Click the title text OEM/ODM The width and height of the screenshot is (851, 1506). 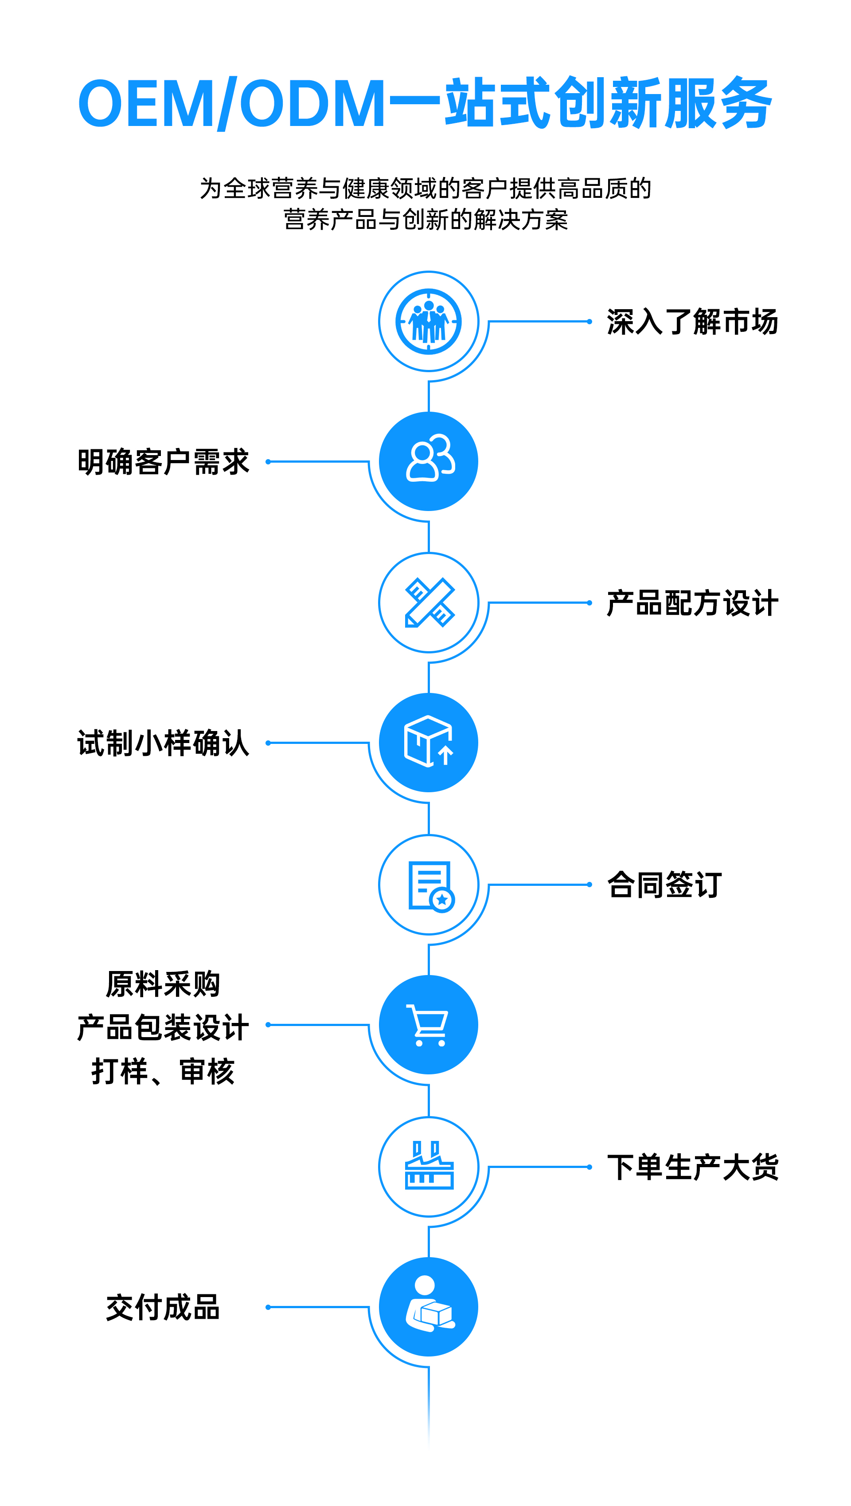click(x=231, y=103)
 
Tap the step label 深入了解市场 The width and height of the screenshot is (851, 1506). click(x=692, y=322)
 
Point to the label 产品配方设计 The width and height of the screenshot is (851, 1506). click(x=692, y=602)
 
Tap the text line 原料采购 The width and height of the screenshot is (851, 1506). click(x=164, y=984)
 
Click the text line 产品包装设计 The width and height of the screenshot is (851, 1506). click(x=164, y=1028)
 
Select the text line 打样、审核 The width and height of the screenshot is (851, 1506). click(x=164, y=1071)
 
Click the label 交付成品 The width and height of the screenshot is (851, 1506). click(x=164, y=1307)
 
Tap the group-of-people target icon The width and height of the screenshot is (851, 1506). click(x=429, y=321)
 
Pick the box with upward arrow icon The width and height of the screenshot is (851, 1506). click(x=429, y=742)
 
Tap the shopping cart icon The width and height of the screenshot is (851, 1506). click(x=429, y=1025)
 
